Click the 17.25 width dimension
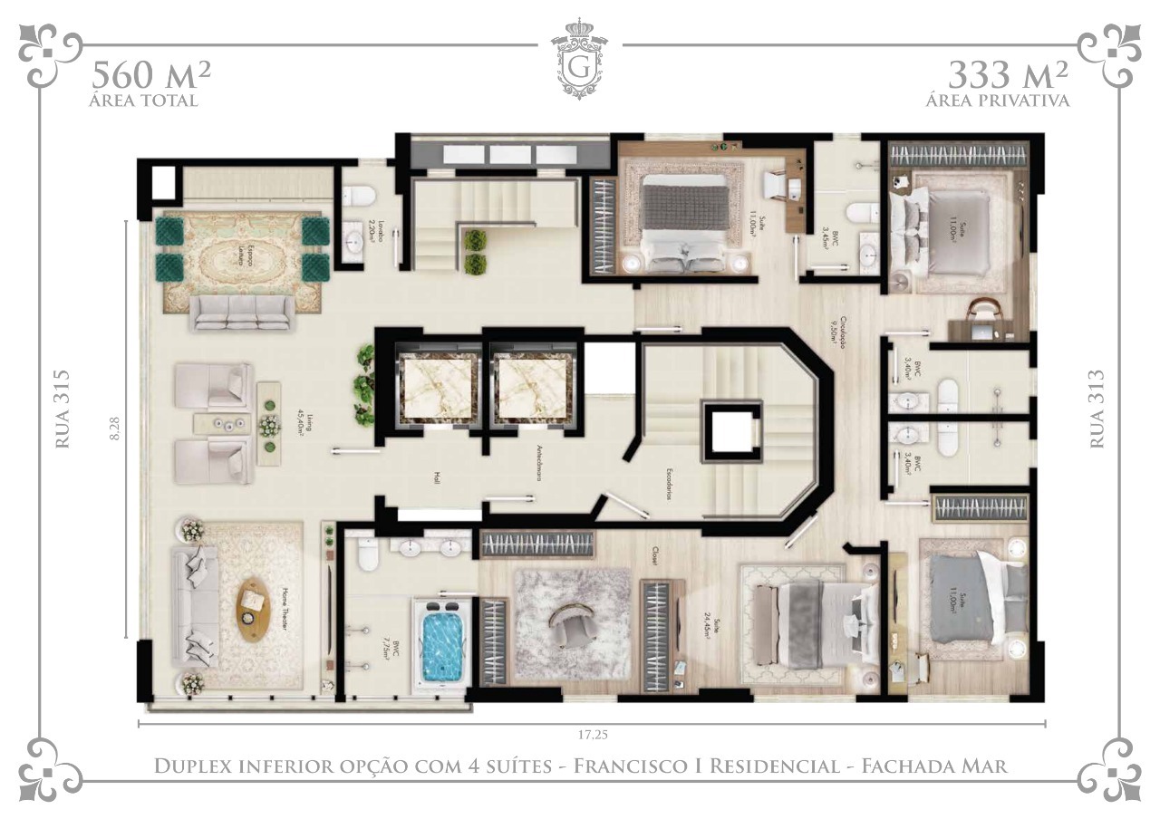click(x=592, y=735)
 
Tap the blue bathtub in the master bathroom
click(x=443, y=644)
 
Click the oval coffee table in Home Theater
click(x=253, y=610)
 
